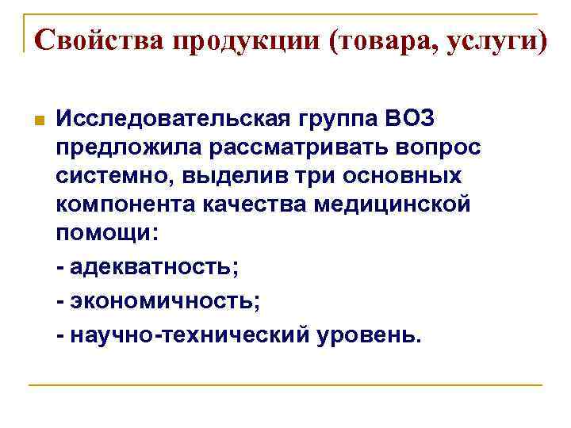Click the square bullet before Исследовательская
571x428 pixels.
(37, 121)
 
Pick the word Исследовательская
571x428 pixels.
(174, 120)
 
